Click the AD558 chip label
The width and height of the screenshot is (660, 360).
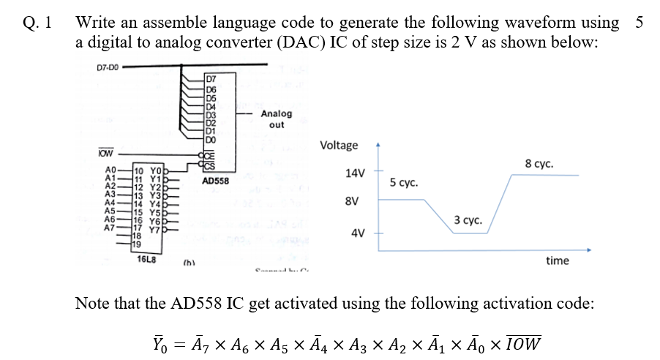216,180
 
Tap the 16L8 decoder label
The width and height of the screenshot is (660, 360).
145,257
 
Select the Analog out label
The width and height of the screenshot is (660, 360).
276,119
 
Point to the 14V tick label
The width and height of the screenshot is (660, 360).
355,173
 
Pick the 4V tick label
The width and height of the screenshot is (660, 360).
358,233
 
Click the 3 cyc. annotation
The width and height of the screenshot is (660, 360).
467,220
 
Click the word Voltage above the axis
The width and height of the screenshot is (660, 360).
340,145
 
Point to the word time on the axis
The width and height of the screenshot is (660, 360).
557,260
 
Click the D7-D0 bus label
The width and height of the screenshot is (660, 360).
108,68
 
